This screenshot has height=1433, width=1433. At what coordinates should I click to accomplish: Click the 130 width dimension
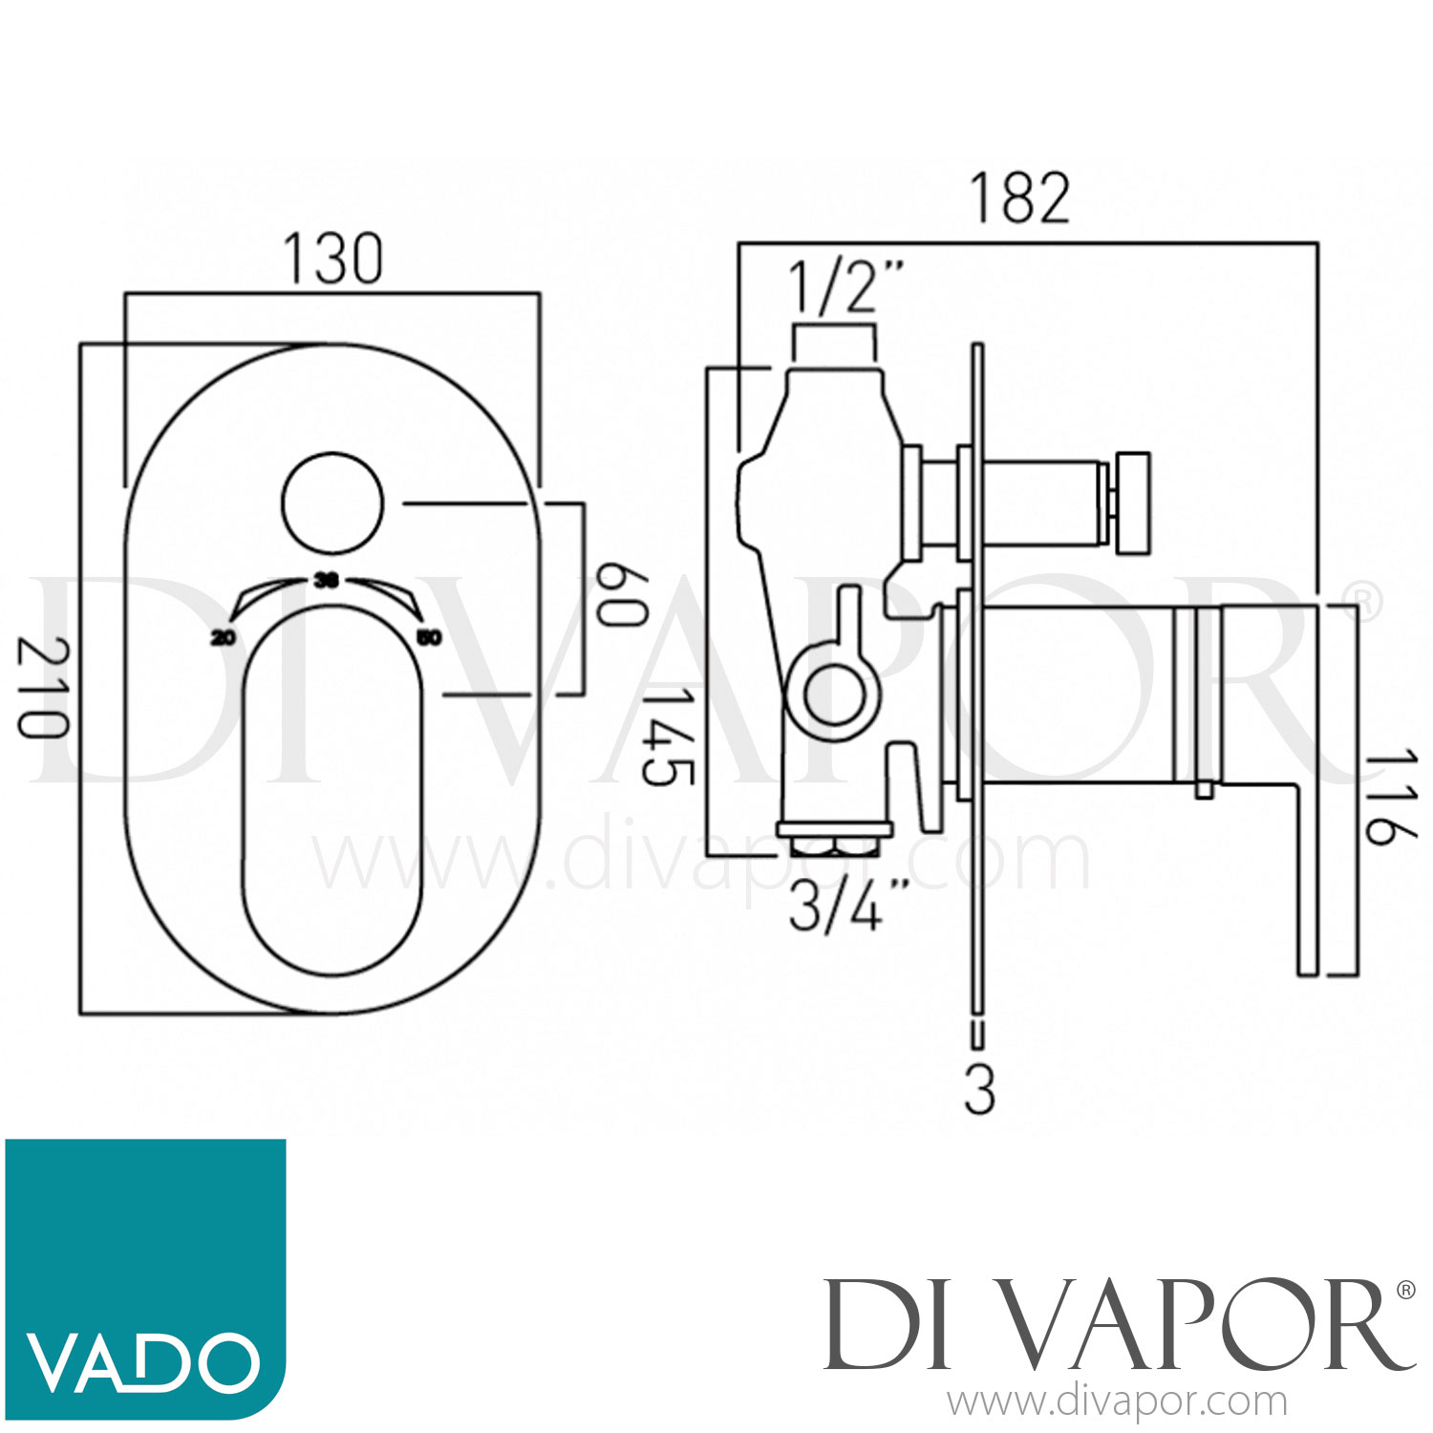tap(332, 259)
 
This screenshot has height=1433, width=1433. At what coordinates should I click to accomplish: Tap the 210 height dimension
tap(43, 688)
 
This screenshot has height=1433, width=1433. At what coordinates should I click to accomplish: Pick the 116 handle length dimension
tap(1387, 798)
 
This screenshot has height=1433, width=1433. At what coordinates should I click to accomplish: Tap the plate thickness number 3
tap(979, 1088)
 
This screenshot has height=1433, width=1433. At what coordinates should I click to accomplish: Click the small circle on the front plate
tap(332, 503)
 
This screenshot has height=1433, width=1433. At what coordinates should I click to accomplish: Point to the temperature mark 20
tap(224, 638)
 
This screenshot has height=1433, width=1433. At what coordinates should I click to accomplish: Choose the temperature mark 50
tap(430, 638)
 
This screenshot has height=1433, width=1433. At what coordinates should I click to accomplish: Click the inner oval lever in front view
tap(332, 793)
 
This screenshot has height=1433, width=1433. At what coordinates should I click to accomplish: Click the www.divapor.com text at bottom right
tap(1118, 1402)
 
